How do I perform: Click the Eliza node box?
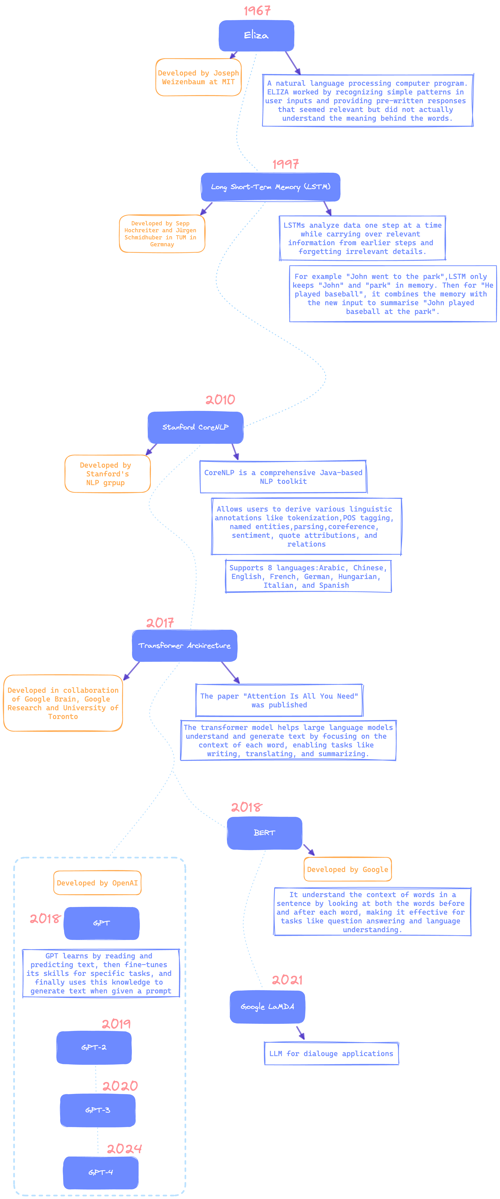click(256, 35)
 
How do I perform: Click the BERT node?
click(265, 833)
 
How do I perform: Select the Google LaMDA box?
click(267, 1007)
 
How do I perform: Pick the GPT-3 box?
click(98, 1110)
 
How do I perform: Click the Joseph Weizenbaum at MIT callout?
click(198, 77)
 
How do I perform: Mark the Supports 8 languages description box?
click(308, 576)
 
